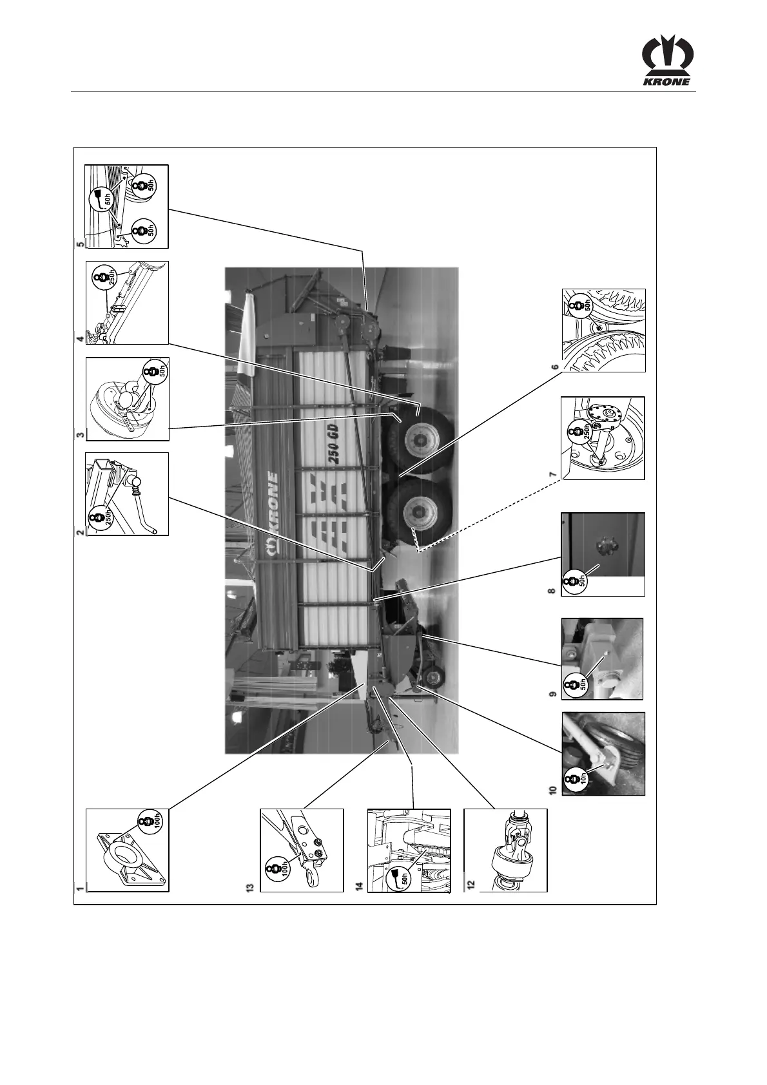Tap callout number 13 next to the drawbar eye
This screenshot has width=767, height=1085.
click(250, 887)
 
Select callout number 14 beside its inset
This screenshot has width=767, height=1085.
click(360, 887)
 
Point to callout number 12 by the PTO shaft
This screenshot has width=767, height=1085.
click(471, 887)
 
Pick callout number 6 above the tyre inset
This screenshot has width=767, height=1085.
click(554, 367)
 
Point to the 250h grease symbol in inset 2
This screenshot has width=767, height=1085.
click(99, 517)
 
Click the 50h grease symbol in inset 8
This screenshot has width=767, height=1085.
click(574, 582)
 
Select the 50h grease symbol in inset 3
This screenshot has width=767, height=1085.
click(153, 372)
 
